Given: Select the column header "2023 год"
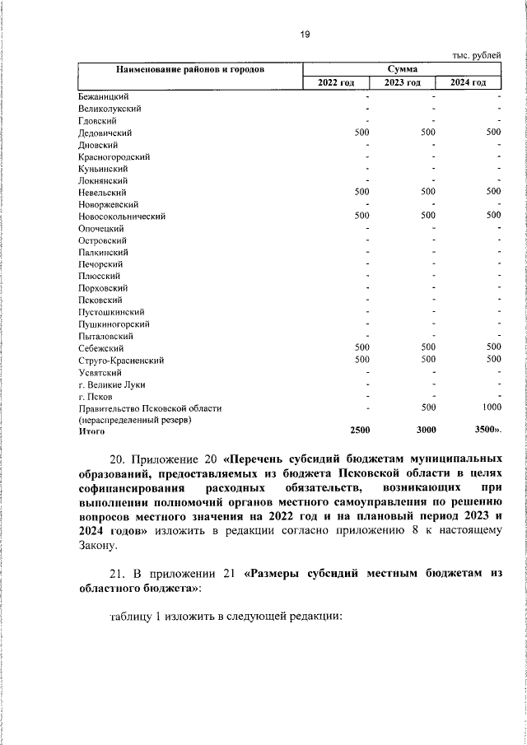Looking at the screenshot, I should pos(403,83).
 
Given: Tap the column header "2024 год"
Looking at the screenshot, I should pos(468,83).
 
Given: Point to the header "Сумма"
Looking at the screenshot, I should pos(401,69).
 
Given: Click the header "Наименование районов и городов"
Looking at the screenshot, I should pos(189,69).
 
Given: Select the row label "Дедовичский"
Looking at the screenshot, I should pos(105,132).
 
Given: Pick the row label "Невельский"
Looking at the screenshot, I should pos(102,192).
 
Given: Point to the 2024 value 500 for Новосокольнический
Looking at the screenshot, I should pos(492,216).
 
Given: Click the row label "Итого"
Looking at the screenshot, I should pos(91,431).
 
